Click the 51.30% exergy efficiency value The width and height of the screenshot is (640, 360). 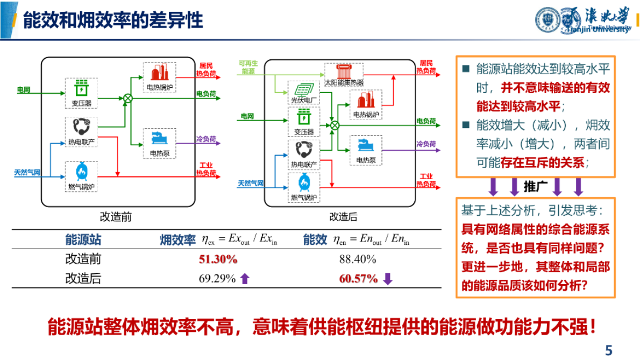tap(218, 259)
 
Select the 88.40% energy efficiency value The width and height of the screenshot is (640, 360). tap(357, 259)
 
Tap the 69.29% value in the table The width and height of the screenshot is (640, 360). tap(217, 279)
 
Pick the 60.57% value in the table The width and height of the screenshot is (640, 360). tap(358, 279)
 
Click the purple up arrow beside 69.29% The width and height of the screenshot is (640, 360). tap(245, 279)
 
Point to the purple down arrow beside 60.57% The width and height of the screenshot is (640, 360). tap(388, 279)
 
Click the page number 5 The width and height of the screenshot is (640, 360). tap(608, 350)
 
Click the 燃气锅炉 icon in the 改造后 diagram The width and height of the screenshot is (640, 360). tap(304, 183)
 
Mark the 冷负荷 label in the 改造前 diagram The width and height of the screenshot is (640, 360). tap(205, 139)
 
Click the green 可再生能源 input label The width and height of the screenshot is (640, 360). tap(248, 67)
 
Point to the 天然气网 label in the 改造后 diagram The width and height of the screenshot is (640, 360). tap(251, 183)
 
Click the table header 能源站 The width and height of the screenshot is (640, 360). tap(83, 240)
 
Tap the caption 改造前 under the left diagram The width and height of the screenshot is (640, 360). tap(116, 217)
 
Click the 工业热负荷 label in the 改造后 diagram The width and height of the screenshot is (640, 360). tap(425, 180)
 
